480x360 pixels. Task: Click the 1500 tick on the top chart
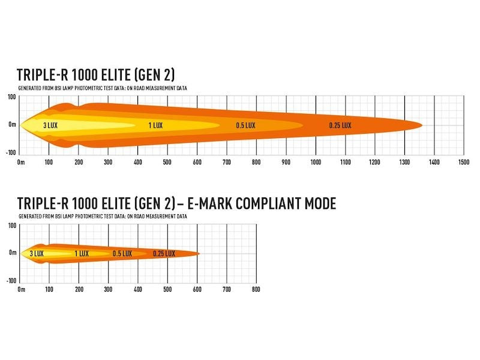[x=463, y=162]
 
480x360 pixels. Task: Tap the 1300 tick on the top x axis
[x=404, y=162]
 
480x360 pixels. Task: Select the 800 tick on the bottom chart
[x=256, y=290]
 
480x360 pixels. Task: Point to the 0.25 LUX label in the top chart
[x=340, y=125]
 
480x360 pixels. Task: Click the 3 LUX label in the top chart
[x=50, y=125]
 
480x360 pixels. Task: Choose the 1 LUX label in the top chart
[x=156, y=125]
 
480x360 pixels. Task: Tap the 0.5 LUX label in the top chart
[x=245, y=125]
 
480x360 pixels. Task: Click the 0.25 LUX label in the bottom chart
[x=164, y=254]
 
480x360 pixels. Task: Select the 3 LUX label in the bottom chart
[x=37, y=254]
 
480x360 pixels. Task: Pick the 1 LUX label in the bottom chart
[x=82, y=254]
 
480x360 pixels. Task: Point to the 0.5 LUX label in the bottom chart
[x=122, y=254]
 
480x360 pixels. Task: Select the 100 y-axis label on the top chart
[x=11, y=97]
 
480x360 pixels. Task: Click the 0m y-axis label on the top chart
[x=12, y=125]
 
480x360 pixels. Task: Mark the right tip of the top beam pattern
[x=422, y=125]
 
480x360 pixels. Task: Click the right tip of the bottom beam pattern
[x=199, y=253]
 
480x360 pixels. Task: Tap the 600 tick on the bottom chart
[x=197, y=290]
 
